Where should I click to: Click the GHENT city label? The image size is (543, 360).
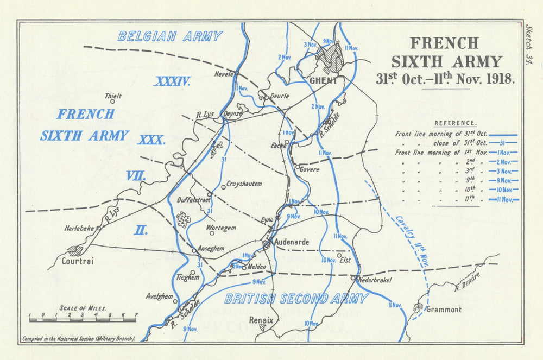324,81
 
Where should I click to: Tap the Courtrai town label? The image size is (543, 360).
79,261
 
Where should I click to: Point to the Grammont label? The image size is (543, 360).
444,310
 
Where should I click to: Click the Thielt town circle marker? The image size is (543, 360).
113,102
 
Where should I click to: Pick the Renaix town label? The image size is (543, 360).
261,320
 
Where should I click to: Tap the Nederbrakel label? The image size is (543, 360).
374,280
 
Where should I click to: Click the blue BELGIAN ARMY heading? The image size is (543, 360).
170,36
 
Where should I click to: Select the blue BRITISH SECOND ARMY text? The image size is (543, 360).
296,299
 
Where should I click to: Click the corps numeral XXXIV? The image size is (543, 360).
172,82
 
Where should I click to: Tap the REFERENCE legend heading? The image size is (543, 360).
456,123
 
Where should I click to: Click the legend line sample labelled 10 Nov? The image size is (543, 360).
504,190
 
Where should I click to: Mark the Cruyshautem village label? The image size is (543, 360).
244,184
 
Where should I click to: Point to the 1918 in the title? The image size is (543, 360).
494,78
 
